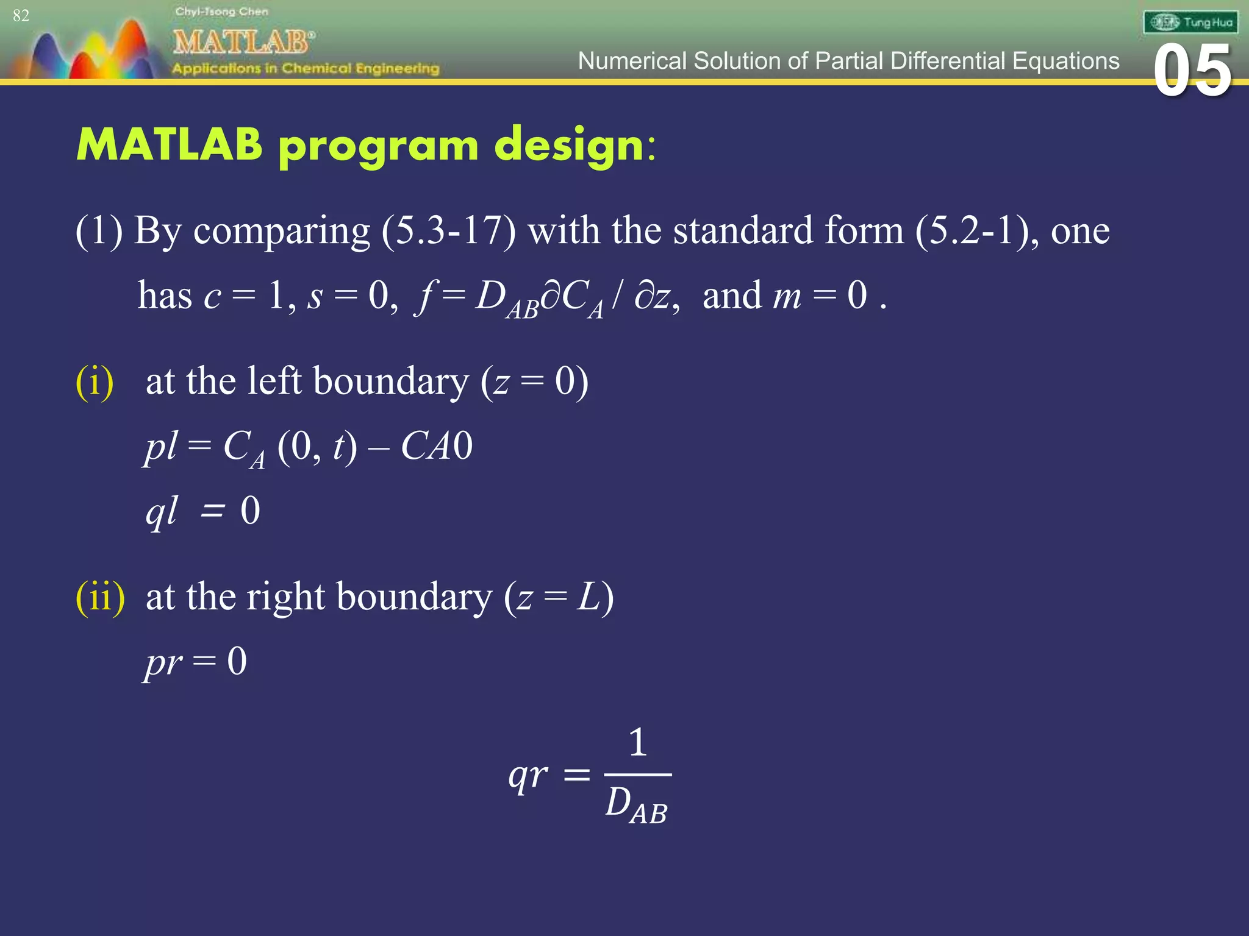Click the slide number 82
pos(21,15)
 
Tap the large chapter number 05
pos(1192,72)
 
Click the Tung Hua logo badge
pos(1190,23)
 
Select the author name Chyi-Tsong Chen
pos(221,12)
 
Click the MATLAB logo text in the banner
pos(243,42)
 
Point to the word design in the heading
pos(570,146)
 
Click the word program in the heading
pos(378,147)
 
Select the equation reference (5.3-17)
pos(448,231)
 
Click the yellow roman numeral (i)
pos(95,382)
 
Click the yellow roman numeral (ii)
pos(100,597)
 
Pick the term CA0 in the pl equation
pos(436,446)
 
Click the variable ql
pos(161,511)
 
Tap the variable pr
pos(163,662)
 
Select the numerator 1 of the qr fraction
pos(637,742)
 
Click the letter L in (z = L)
pos(589,597)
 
